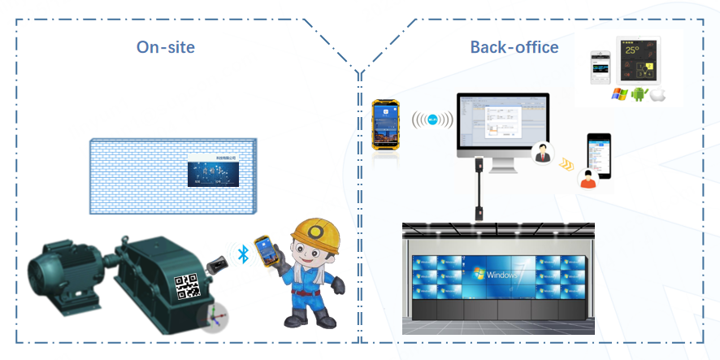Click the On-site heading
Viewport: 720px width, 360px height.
[x=166, y=46]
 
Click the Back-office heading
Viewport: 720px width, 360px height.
[x=514, y=47]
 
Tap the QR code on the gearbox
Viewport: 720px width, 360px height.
[x=188, y=286]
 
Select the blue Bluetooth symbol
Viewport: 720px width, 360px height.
[x=242, y=254]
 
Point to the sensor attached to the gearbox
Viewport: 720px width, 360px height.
[x=218, y=265]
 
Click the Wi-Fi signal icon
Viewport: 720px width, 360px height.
[x=432, y=120]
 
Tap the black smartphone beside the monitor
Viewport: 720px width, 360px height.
[x=600, y=156]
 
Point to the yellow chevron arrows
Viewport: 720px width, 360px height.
[x=565, y=164]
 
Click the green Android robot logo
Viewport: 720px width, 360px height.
[x=638, y=94]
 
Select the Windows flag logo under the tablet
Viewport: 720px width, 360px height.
[x=618, y=94]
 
